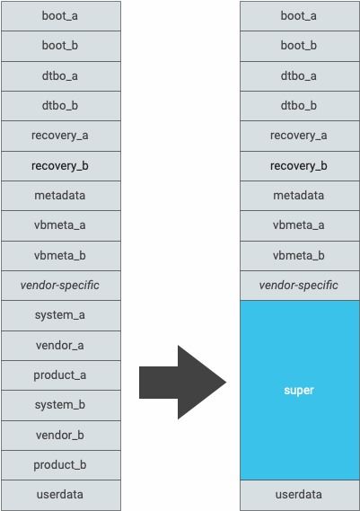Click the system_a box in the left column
point(61,315)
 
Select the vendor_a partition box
point(61,346)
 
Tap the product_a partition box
point(61,375)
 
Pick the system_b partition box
point(61,405)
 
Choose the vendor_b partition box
point(61,435)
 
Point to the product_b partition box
point(61,465)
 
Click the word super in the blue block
point(299,390)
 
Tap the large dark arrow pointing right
point(182,383)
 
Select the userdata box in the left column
point(61,495)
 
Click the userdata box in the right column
point(300,495)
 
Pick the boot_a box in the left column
point(61,16)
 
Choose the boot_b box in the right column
point(300,46)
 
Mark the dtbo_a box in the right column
point(300,76)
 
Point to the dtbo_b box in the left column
point(61,106)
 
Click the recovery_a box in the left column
point(61,136)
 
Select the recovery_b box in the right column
point(300,166)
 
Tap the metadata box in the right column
point(300,196)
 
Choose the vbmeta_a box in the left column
point(61,225)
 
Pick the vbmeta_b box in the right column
point(300,256)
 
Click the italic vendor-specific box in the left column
point(61,286)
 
